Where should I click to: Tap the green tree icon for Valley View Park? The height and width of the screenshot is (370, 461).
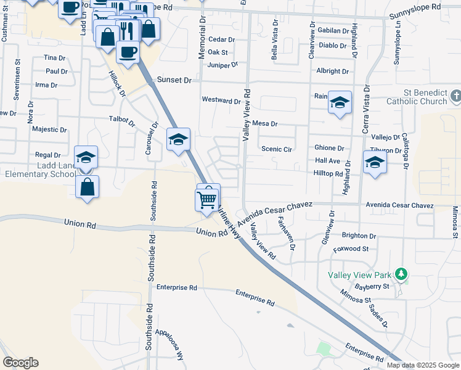coord(401,273)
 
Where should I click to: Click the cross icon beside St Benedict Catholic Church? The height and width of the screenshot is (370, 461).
coord(455,96)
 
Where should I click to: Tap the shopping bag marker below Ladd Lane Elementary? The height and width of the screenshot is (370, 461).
coord(88,186)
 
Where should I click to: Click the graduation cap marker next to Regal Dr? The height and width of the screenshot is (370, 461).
coord(86,157)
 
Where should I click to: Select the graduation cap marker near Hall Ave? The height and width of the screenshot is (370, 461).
coord(375,162)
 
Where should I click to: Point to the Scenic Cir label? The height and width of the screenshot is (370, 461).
coord(276,149)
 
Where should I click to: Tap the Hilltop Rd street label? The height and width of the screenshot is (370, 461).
coord(328,175)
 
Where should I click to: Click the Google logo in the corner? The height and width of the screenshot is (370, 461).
coord(21,363)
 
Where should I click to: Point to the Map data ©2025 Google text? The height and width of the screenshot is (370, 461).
coord(423,365)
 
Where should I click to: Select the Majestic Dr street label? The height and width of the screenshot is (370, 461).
coord(49,130)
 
